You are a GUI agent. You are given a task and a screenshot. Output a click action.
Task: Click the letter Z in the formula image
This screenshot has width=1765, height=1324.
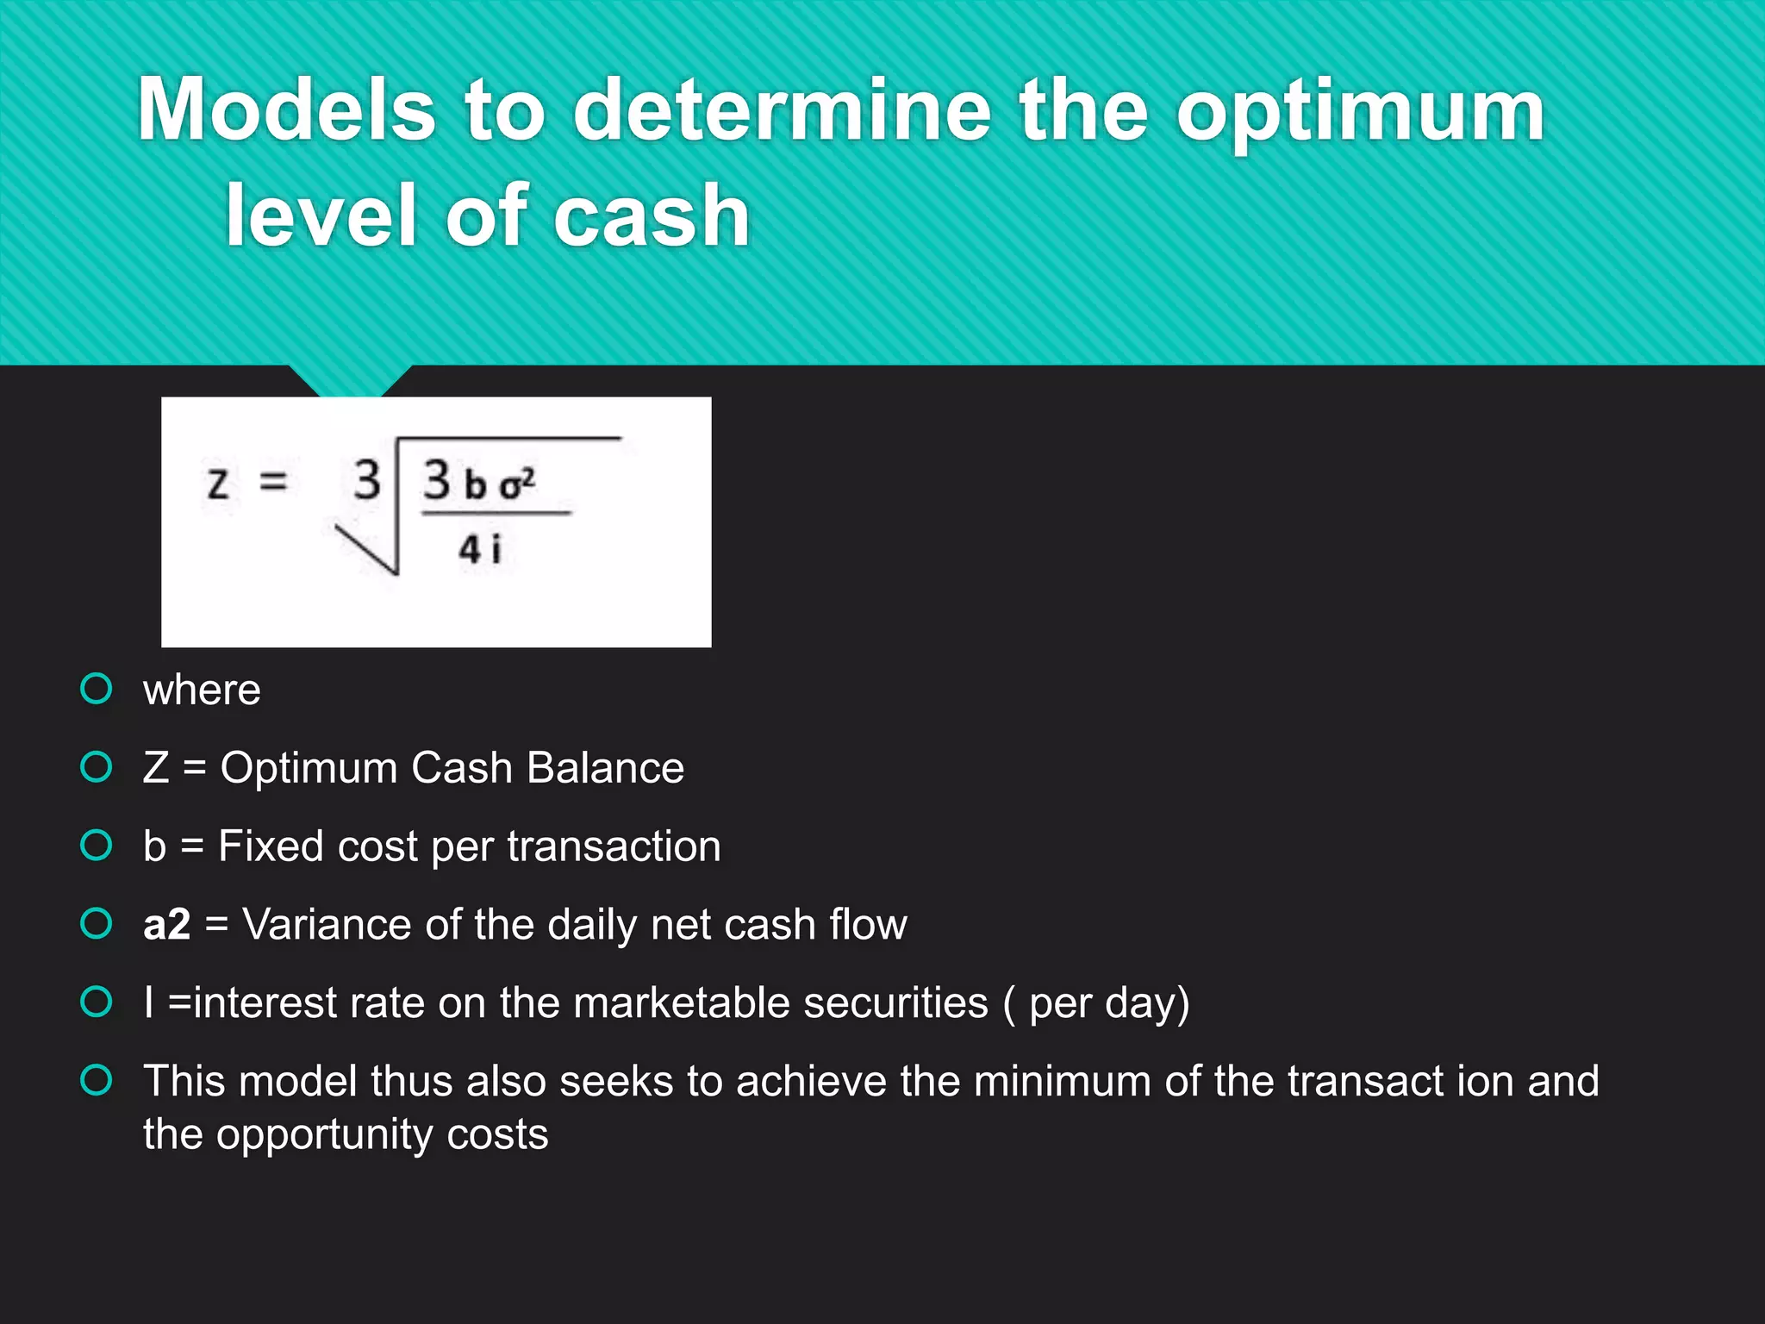(x=218, y=484)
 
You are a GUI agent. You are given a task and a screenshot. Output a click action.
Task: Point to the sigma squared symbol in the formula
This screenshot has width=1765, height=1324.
(x=517, y=484)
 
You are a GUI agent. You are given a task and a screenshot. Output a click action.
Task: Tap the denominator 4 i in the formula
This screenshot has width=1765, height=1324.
(x=479, y=549)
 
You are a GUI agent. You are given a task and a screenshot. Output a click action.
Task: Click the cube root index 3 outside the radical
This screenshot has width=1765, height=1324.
(x=367, y=479)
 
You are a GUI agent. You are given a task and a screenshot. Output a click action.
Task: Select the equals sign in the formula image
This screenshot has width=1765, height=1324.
(x=273, y=481)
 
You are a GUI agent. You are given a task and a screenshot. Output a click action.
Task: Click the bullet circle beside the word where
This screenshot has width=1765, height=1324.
(x=96, y=689)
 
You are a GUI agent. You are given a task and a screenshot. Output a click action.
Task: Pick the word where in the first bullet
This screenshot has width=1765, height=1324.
(x=202, y=690)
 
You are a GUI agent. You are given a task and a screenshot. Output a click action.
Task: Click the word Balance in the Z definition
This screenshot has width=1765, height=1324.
(x=605, y=767)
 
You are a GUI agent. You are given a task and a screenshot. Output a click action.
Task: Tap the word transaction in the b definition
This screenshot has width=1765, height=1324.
(x=614, y=846)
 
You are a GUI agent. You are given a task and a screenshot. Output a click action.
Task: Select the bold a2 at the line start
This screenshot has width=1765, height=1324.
(x=166, y=925)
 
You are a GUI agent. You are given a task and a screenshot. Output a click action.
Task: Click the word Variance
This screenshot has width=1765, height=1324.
(x=327, y=925)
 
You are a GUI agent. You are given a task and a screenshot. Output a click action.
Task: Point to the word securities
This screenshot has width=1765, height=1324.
(x=895, y=1003)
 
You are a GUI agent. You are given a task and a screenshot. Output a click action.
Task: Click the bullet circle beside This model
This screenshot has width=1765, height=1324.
(x=96, y=1080)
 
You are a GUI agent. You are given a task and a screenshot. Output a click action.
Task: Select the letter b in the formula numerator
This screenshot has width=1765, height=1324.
(x=475, y=485)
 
